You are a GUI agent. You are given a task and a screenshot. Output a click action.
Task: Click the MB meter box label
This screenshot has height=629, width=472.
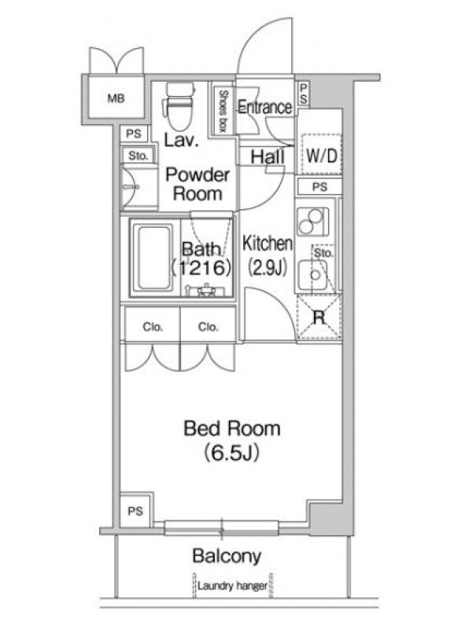pyautogui.click(x=116, y=97)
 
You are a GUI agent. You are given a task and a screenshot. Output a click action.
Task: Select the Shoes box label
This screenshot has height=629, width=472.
pyautogui.click(x=223, y=110)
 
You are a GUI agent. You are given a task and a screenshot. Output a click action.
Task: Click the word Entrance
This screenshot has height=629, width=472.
pyautogui.click(x=265, y=107)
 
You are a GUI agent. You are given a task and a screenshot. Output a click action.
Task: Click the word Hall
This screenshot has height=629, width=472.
pyautogui.click(x=267, y=156)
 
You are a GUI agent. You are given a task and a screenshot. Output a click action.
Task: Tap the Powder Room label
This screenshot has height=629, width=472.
pyautogui.click(x=197, y=184)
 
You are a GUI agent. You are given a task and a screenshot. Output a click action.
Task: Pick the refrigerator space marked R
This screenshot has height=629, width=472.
pyautogui.click(x=319, y=318)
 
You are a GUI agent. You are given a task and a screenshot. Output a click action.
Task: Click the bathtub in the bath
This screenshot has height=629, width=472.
pyautogui.click(x=153, y=259)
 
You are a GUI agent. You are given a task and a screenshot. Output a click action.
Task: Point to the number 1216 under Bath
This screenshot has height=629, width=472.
pyautogui.click(x=201, y=267)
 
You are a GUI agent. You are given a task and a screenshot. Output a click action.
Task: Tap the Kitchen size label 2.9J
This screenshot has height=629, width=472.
pyautogui.click(x=267, y=267)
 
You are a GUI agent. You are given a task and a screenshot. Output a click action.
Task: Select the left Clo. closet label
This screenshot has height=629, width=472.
pyautogui.click(x=153, y=327)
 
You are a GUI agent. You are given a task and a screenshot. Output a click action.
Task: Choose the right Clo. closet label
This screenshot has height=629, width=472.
pyautogui.click(x=208, y=327)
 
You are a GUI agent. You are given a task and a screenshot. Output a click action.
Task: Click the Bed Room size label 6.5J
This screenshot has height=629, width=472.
pyautogui.click(x=232, y=453)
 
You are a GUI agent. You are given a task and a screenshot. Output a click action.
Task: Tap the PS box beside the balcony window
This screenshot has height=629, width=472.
pyautogui.click(x=135, y=510)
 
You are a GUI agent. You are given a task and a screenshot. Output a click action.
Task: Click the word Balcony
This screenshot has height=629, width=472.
pyautogui.click(x=227, y=556)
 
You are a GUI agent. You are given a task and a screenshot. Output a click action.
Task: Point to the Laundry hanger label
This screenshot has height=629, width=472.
pyautogui.click(x=232, y=586)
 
